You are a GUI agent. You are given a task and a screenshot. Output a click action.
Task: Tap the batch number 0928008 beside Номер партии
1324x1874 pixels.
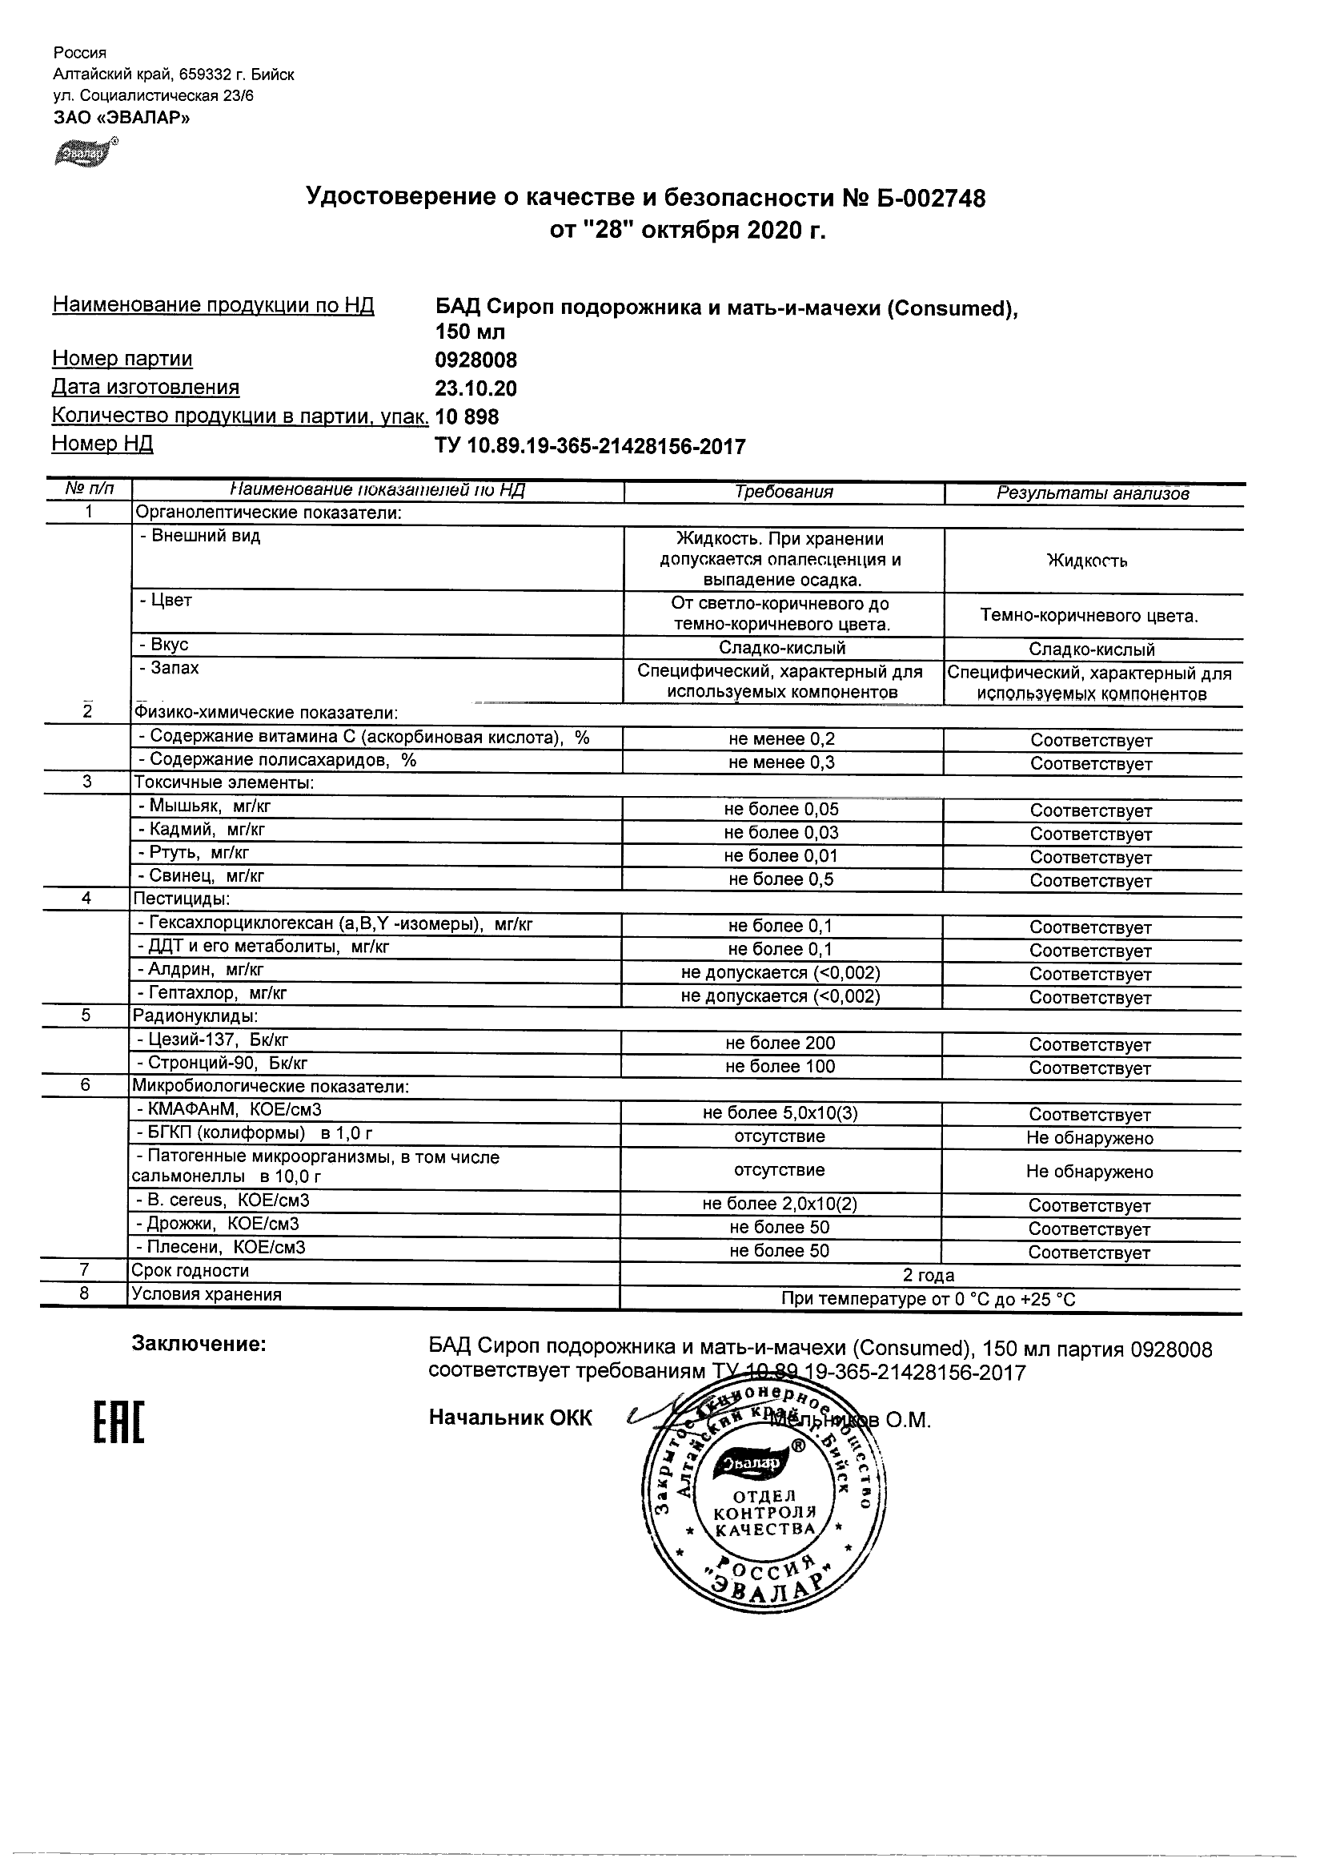(475, 360)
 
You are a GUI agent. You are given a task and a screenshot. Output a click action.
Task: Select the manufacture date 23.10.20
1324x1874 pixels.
(475, 388)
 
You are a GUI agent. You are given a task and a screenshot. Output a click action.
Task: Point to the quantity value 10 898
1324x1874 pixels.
(467, 417)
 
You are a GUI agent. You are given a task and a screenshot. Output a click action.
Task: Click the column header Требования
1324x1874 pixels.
(783, 493)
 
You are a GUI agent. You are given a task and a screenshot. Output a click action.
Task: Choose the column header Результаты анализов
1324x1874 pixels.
(1093, 493)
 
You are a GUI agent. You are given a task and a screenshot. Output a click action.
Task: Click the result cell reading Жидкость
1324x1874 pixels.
(1087, 561)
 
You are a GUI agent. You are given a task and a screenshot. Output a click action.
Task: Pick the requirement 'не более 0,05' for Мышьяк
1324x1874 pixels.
(780, 809)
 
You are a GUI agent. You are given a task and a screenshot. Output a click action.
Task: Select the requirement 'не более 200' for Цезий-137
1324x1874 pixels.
(780, 1043)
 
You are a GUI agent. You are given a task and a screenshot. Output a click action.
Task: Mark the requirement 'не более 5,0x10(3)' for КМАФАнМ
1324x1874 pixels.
(780, 1113)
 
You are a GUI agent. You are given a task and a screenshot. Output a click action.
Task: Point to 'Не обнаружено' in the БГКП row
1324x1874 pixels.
(1089, 1138)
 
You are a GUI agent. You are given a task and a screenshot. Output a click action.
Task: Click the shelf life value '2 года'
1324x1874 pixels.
(929, 1275)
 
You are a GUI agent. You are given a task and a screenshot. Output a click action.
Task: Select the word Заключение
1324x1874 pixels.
(199, 1344)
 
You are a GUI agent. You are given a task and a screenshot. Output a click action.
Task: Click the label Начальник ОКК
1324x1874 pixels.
(511, 1418)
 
